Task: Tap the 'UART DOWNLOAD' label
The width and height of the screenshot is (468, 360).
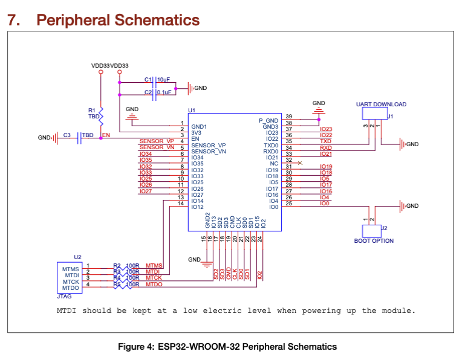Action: click(381, 104)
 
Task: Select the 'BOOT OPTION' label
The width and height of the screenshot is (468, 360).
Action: click(374, 241)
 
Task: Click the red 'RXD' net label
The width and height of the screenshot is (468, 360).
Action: click(325, 147)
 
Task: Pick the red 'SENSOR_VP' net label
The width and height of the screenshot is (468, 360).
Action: click(157, 141)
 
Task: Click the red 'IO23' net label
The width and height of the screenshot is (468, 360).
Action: click(325, 129)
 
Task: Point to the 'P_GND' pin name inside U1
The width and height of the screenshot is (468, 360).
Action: click(268, 121)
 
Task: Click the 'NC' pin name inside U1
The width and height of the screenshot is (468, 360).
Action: click(274, 164)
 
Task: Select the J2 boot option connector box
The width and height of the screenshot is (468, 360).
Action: click(370, 230)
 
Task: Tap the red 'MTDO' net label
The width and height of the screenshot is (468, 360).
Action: click(154, 284)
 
